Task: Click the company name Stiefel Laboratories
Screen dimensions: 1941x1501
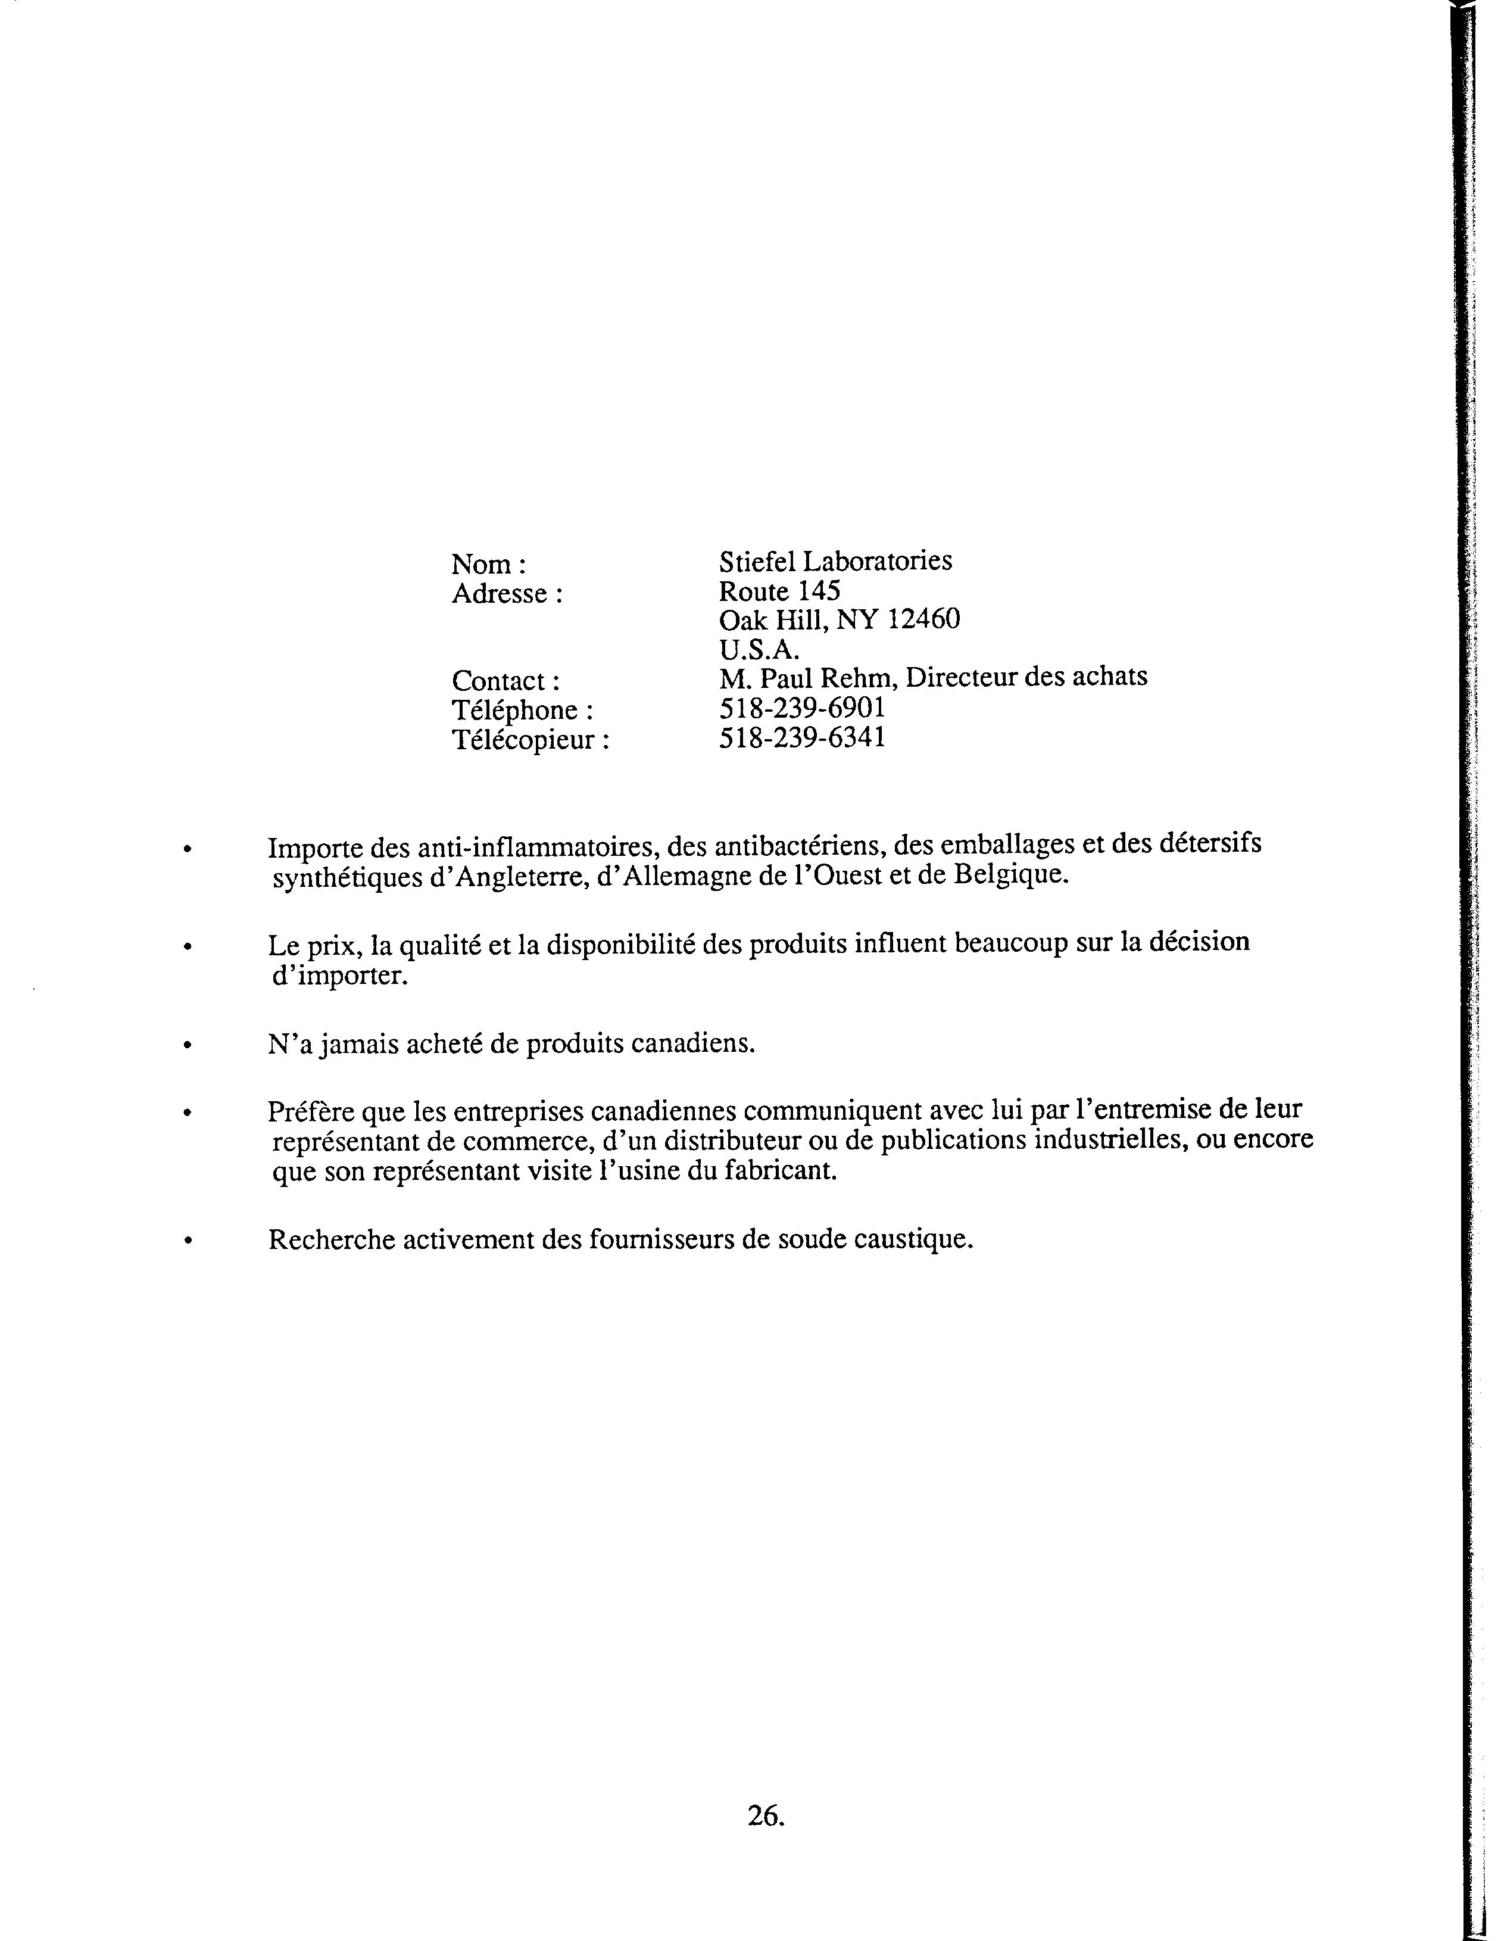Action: click(835, 562)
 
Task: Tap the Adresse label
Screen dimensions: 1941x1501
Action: click(507, 594)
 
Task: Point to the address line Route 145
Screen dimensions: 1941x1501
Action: click(779, 591)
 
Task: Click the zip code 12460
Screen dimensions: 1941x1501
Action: click(923, 619)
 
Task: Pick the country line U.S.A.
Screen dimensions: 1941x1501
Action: click(759, 649)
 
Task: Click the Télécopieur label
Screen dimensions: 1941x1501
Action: click(531, 740)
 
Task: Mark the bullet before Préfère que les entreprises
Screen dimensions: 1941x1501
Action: click(186, 1112)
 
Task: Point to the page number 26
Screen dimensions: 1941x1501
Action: click(764, 1816)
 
